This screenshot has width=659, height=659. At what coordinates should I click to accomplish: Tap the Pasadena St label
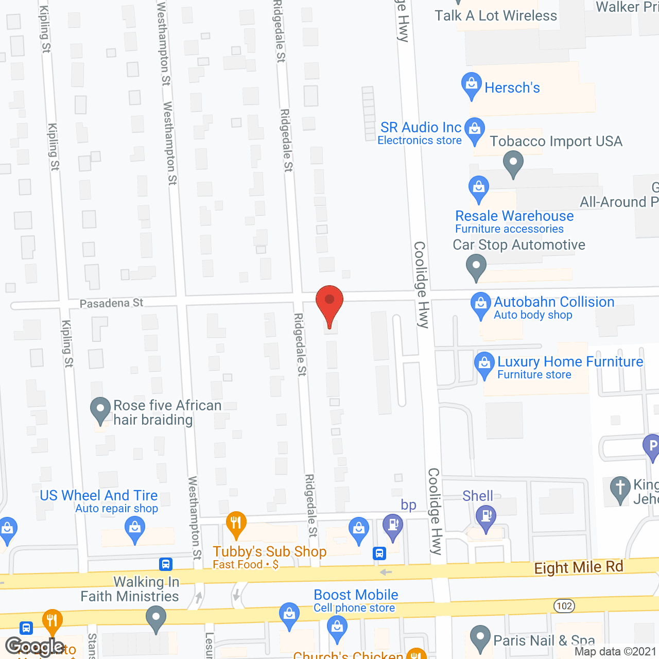click(111, 303)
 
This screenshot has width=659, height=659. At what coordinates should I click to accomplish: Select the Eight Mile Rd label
click(579, 567)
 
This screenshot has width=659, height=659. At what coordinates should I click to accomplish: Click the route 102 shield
click(564, 606)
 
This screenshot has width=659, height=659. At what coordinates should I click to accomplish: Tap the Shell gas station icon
click(486, 516)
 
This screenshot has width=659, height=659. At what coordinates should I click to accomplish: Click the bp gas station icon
click(393, 526)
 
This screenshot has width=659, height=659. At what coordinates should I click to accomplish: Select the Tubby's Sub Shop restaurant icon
click(235, 524)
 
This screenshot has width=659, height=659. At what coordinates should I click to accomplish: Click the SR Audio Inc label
click(421, 128)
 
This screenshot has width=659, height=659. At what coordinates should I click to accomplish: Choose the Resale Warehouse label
click(514, 216)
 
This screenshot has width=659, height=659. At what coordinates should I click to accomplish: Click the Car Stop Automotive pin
click(476, 267)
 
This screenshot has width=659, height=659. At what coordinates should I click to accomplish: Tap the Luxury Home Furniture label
click(570, 362)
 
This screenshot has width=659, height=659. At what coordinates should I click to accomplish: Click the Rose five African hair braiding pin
click(100, 410)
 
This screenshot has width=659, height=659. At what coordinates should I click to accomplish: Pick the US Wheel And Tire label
click(99, 495)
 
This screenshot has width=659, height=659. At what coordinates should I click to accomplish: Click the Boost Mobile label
click(356, 595)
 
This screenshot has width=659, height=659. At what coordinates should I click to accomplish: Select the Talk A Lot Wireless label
click(496, 16)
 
